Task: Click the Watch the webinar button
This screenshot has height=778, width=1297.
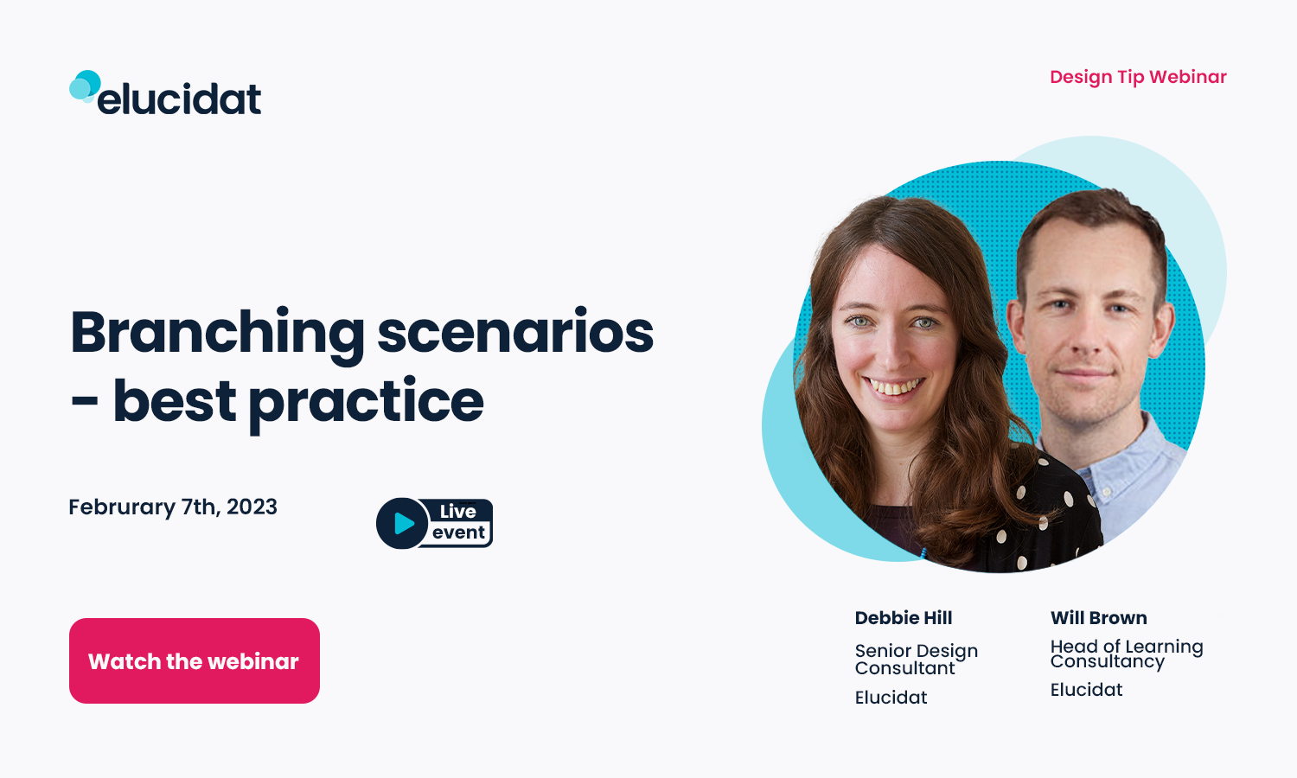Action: pos(195,661)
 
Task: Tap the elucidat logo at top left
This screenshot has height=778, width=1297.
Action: pos(166,95)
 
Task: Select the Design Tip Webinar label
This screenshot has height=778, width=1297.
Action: pos(1138,77)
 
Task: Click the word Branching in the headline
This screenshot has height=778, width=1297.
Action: pos(217,333)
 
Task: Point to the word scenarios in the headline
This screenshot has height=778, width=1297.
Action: pos(515,333)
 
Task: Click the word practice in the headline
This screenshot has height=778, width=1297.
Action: pos(366,402)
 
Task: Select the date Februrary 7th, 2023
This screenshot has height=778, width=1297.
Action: pos(173,507)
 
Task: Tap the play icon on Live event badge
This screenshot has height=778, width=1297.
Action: pos(403,523)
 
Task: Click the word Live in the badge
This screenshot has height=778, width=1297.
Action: pos(457,512)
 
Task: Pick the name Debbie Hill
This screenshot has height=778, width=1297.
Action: pos(904,618)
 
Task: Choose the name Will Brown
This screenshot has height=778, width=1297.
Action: pos(1099,618)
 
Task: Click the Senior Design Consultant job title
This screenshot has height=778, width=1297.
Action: pos(916,659)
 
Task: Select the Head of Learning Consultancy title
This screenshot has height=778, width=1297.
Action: pos(1126,654)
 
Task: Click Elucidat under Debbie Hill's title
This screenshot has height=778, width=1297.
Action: pos(891,698)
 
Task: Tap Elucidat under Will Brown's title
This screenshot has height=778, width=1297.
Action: pos(1086,690)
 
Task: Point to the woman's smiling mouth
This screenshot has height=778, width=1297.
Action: pos(896,386)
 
